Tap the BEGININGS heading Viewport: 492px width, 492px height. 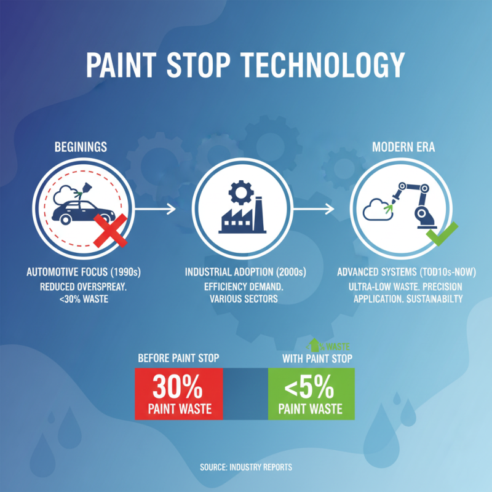[x=81, y=148]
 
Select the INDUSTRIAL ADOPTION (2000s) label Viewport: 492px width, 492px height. [x=245, y=272]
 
